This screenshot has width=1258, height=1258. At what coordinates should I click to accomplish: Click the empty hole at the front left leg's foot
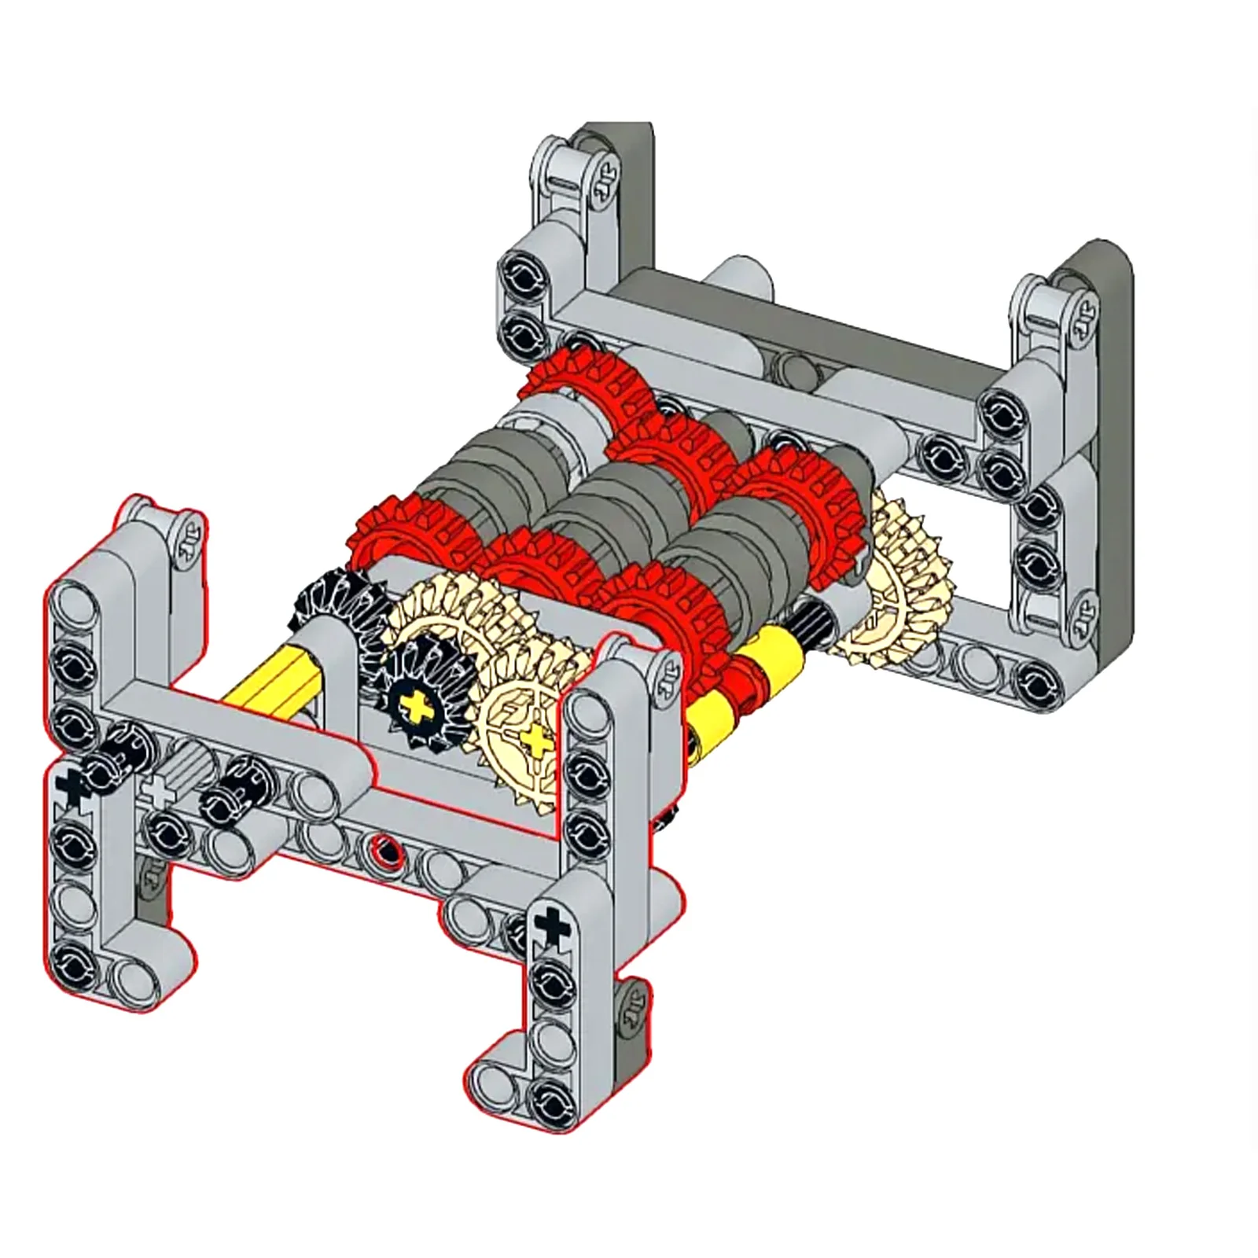(x=127, y=977)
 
